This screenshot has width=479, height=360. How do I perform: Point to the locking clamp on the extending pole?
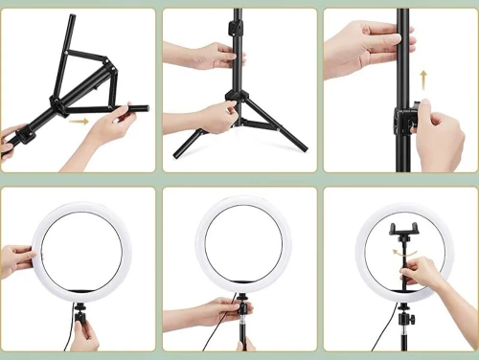click(404, 120)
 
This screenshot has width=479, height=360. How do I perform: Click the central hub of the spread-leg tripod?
click(236, 96)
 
